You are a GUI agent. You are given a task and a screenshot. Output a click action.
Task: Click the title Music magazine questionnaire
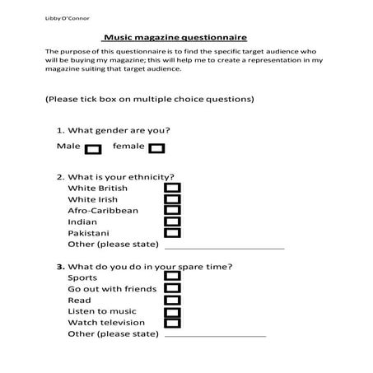coord(174,38)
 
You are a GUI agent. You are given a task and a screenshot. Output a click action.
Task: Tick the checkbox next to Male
coord(93,149)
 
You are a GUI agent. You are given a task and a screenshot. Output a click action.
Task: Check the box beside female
coord(156,149)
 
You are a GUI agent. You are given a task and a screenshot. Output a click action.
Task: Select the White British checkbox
coord(172,189)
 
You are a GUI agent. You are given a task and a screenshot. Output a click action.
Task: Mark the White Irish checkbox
coord(172,200)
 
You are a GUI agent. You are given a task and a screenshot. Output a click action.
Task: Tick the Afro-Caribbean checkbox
coord(172,211)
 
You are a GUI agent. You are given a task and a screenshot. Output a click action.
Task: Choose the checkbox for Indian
coord(172,222)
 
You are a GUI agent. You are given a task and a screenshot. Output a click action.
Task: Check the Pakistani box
coord(172,233)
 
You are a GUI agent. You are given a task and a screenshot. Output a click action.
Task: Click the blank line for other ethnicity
coord(224,246)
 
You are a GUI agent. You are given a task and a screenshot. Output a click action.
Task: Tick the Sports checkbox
coord(172,277)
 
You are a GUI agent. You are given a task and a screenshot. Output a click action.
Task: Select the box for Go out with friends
coord(172,289)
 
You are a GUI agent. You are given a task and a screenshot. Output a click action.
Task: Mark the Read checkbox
coord(172,301)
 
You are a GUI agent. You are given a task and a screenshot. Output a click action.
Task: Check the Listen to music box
coord(172,312)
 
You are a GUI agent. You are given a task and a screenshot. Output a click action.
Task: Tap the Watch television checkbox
coord(172,323)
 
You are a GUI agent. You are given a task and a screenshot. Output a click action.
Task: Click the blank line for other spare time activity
coord(215,335)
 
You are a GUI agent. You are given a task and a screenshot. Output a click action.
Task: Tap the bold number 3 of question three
coord(59,267)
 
